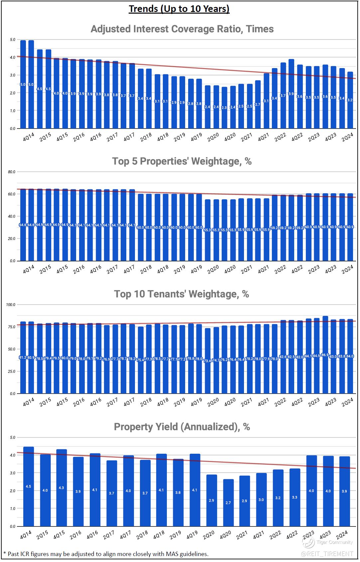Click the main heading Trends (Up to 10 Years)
[179, 9]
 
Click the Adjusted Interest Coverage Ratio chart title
[182, 29]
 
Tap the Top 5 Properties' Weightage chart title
[182, 161]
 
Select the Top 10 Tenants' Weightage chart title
[181, 294]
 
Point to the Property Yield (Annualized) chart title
[182, 426]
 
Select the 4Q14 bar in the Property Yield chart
[28, 487]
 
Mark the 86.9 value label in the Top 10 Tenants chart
[325, 355]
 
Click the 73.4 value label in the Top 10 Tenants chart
[207, 360]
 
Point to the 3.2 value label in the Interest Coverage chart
[350, 100]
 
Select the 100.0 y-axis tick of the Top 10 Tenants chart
[11, 305]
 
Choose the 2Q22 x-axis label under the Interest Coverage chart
[280, 137]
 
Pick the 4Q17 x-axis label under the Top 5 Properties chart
[129, 269]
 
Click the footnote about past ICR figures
[106, 554]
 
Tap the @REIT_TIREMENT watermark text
[327, 553]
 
